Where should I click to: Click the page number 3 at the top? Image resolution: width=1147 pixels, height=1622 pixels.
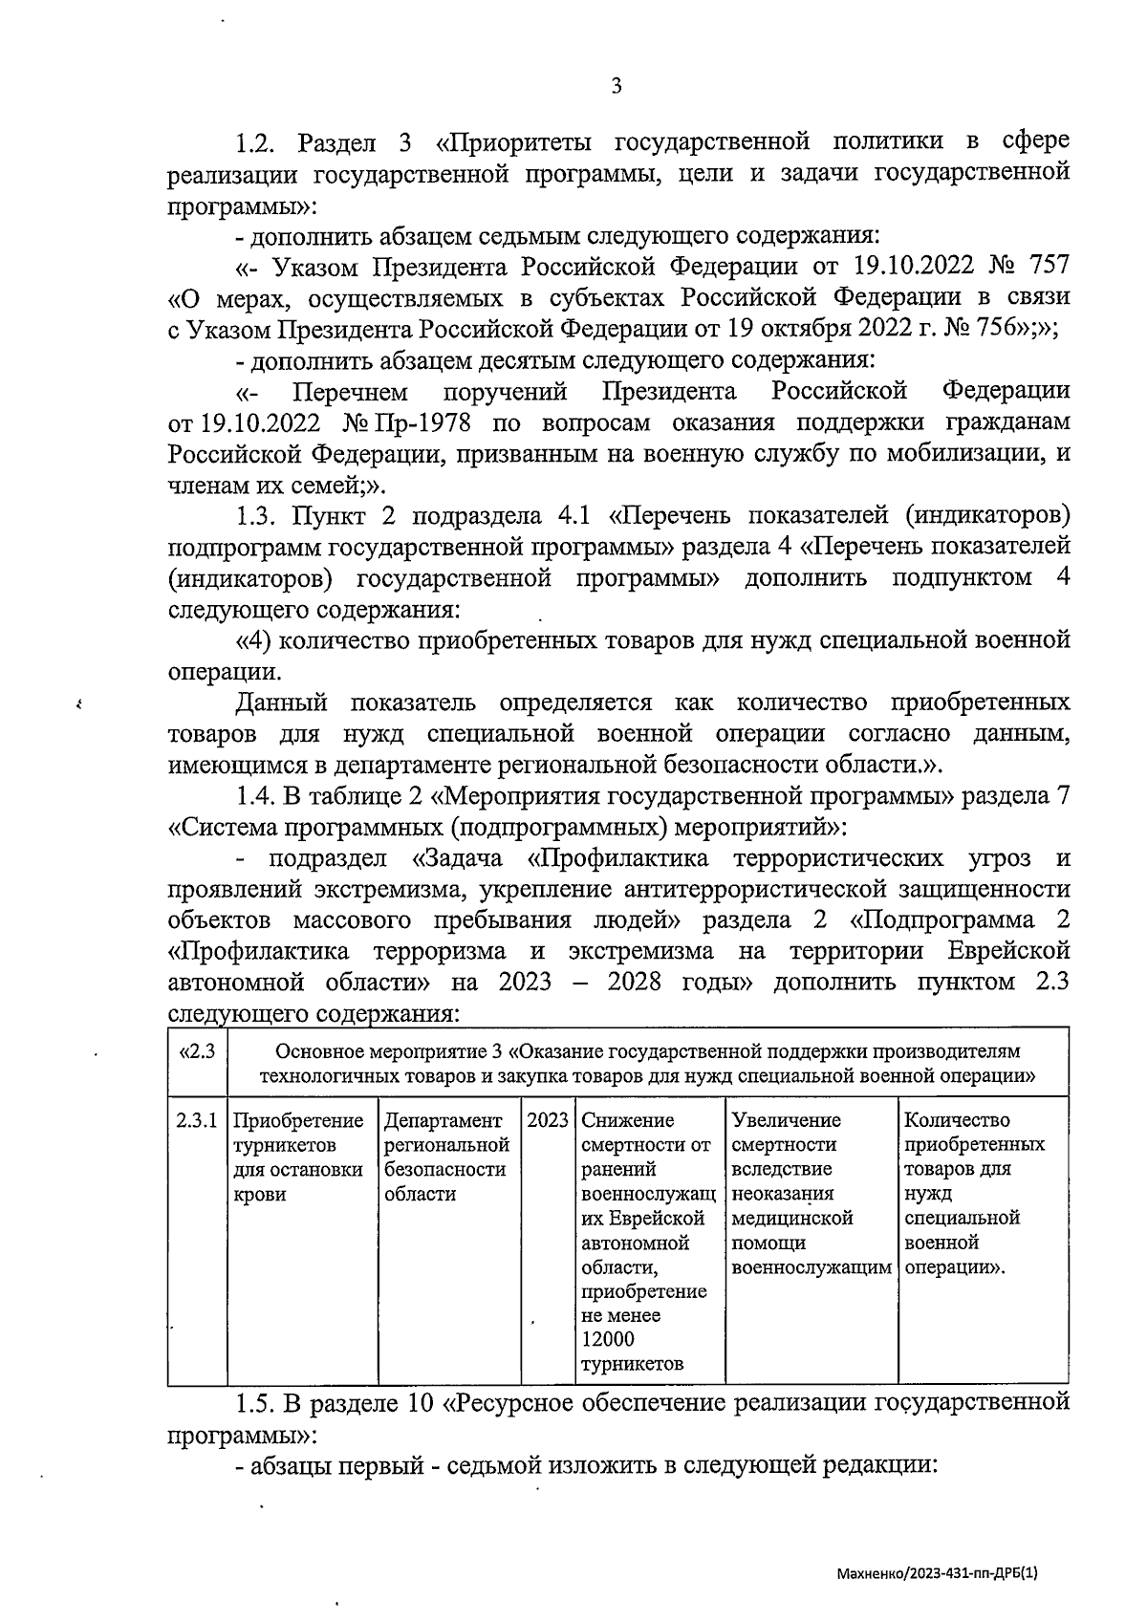pos(617,86)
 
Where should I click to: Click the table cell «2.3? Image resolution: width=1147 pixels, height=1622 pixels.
pos(197,1051)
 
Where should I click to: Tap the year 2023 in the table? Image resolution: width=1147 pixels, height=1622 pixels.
pos(548,1120)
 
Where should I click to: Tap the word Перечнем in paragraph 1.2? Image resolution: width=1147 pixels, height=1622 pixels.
pos(350,392)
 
